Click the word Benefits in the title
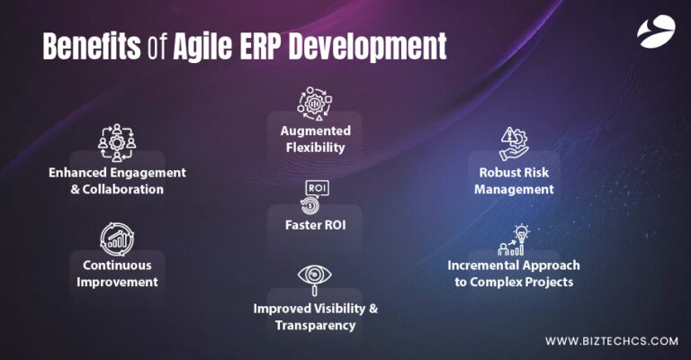90,44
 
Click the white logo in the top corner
654,32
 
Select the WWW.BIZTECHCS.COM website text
611,341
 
